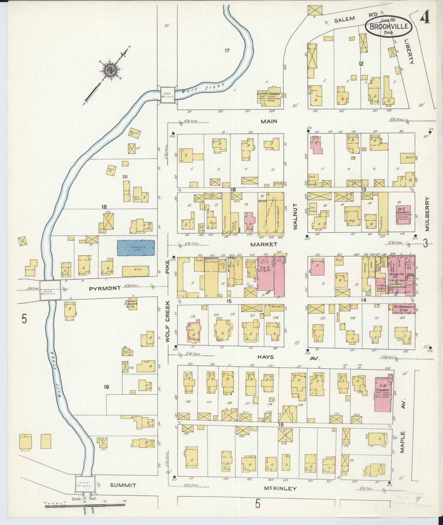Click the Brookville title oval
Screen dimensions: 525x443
pos(389,26)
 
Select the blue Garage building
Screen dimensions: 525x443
pos(136,248)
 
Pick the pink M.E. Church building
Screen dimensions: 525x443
pos(403,215)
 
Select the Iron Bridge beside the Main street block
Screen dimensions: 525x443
pos(167,95)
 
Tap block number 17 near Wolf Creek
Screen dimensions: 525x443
pos(227,50)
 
